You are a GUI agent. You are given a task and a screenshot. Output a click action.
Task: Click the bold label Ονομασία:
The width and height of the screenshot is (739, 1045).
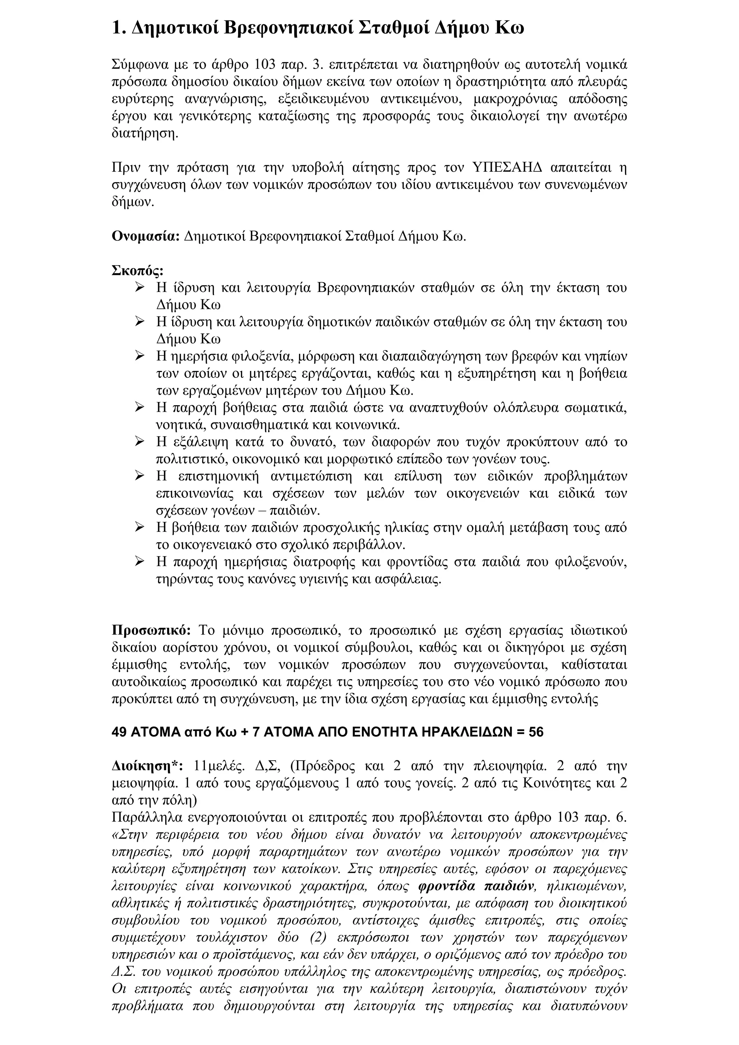click(x=146, y=237)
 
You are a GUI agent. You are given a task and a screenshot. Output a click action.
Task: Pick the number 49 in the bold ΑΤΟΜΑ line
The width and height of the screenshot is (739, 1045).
click(x=119, y=732)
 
